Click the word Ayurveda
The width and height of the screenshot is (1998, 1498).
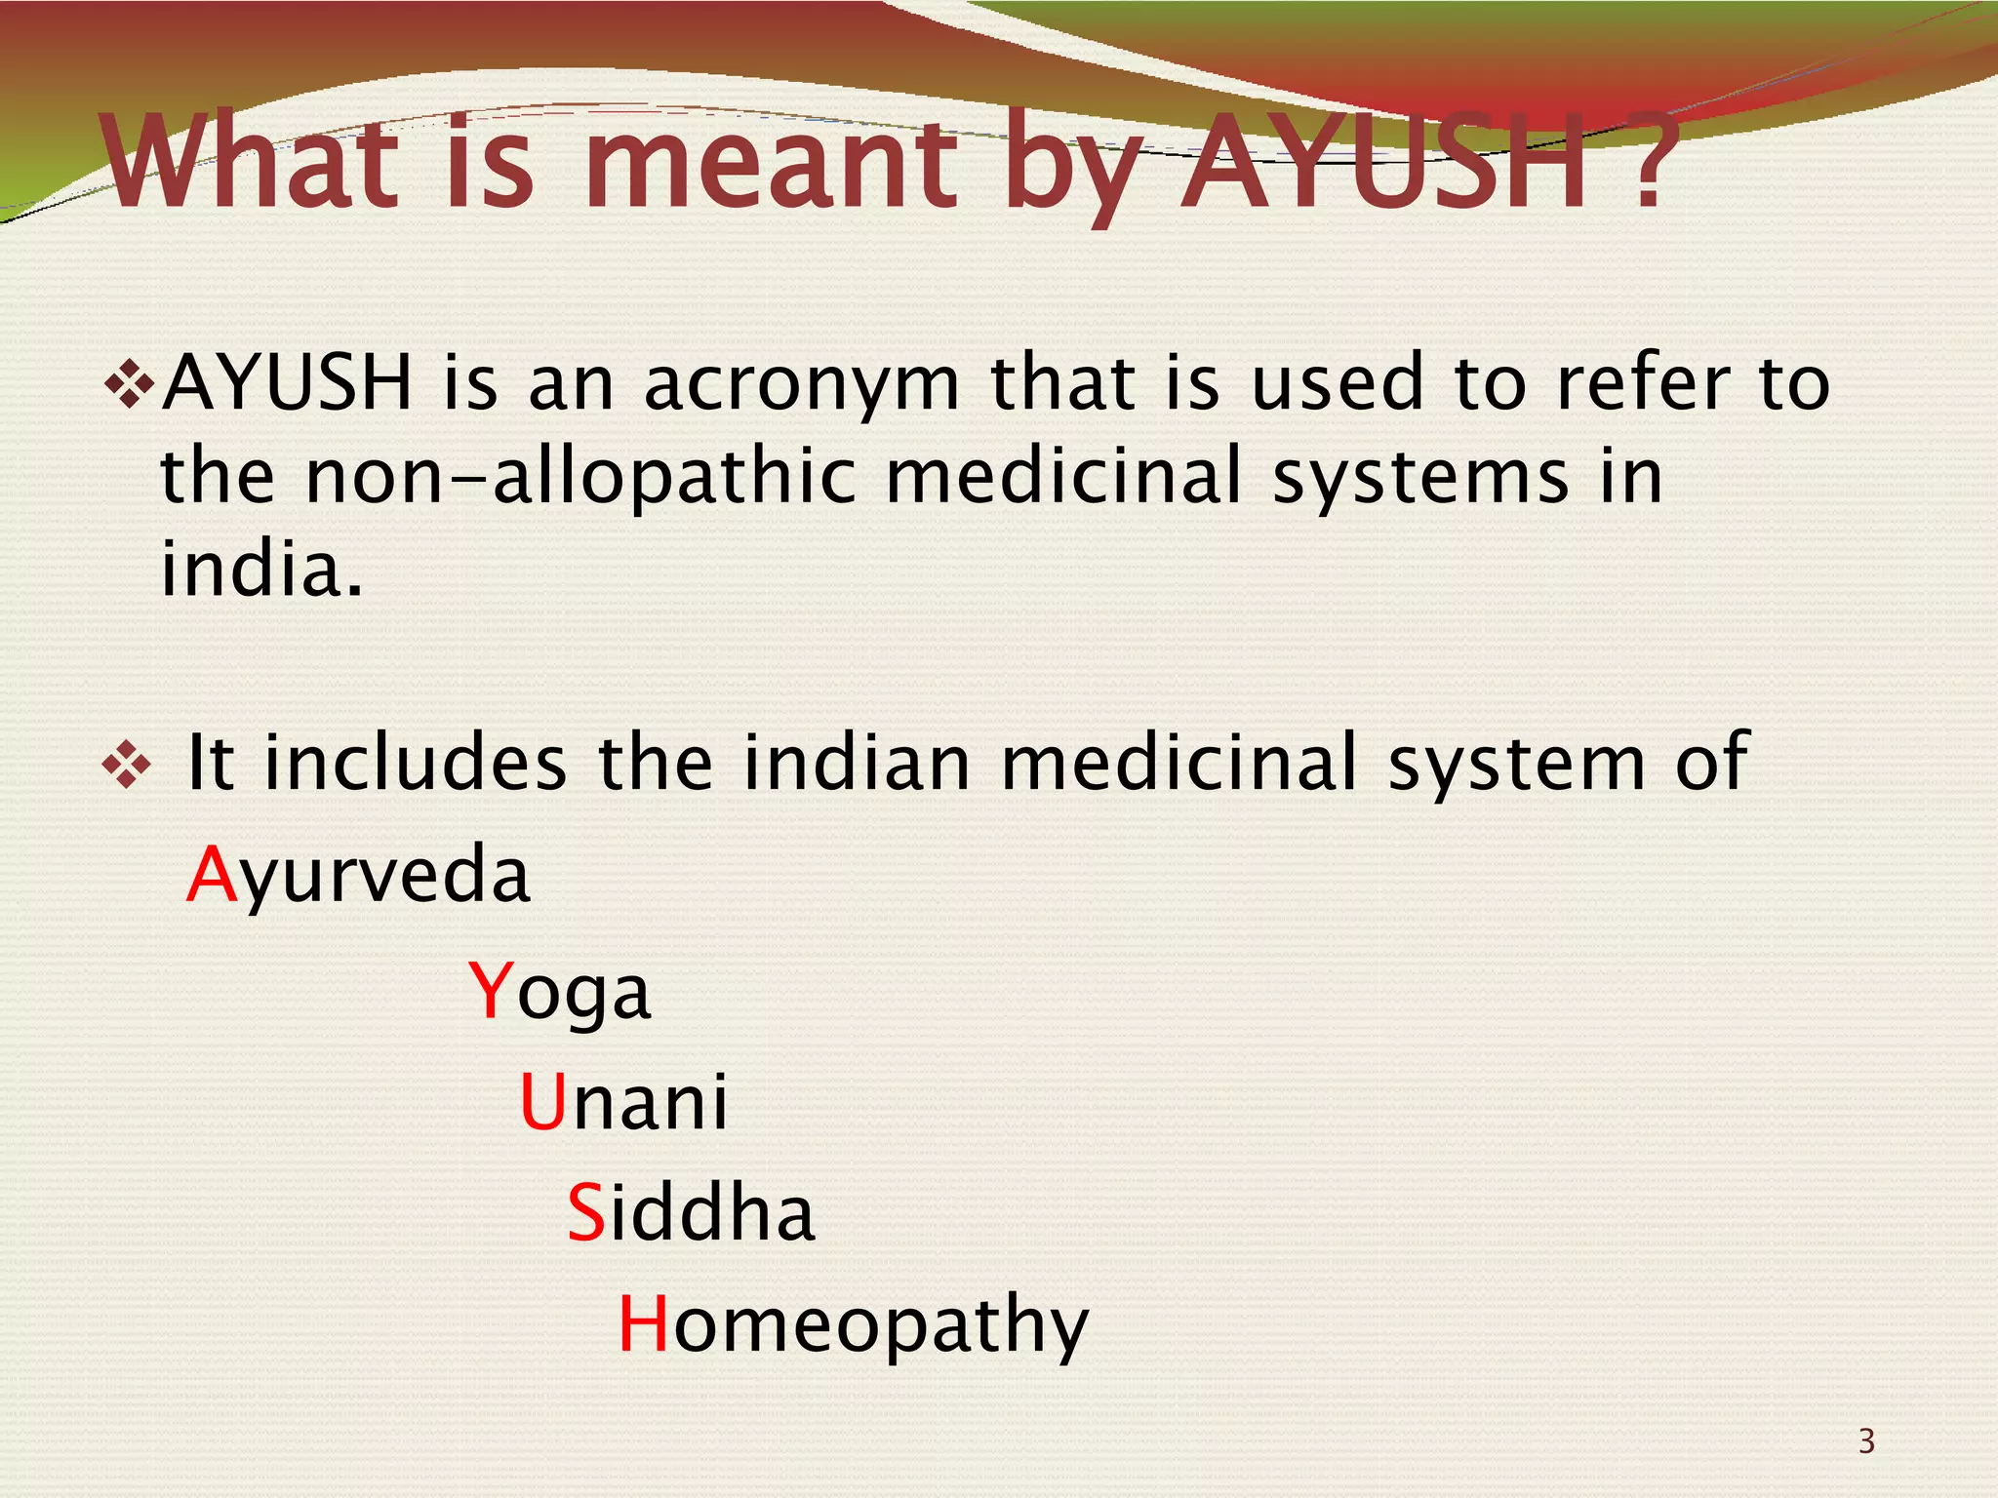358,875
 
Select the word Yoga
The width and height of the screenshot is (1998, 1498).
559,991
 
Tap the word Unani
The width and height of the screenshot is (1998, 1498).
623,1102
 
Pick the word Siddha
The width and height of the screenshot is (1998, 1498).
691,1212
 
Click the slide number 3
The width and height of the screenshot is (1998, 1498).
1866,1440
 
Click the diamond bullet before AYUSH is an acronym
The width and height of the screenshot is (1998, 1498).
129,383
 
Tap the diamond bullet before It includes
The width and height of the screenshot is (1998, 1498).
127,764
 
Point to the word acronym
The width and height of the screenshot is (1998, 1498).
802,383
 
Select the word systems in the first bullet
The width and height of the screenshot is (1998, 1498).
1419,478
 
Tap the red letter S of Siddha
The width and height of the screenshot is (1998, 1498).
585,1212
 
